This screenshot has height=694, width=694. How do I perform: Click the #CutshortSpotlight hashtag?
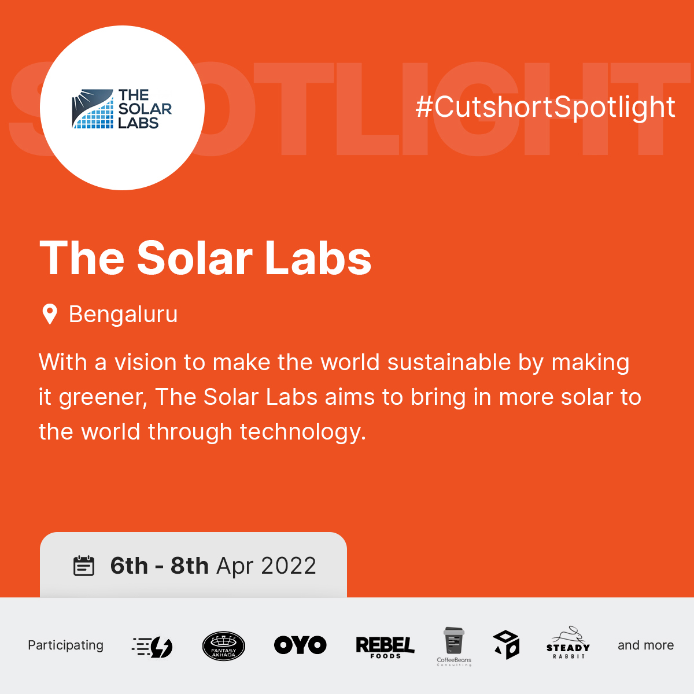click(545, 108)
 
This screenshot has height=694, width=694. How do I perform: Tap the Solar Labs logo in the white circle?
click(122, 108)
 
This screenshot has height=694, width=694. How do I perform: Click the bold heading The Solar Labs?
click(205, 258)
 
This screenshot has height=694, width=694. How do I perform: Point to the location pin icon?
click(50, 314)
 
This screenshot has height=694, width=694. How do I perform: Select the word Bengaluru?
click(123, 315)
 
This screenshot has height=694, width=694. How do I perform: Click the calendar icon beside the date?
click(84, 566)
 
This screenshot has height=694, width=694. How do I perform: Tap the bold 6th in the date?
click(130, 566)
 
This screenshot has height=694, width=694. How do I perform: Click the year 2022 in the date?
click(289, 566)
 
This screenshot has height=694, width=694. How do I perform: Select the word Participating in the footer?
click(65, 645)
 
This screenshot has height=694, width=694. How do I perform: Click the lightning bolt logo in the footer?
click(153, 647)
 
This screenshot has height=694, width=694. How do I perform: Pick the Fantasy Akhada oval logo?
click(224, 646)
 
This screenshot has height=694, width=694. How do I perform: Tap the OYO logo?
click(300, 645)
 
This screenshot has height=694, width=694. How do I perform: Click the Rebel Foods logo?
click(385, 647)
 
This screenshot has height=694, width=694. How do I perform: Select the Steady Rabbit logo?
click(568, 644)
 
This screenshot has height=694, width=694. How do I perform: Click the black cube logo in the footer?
click(506, 645)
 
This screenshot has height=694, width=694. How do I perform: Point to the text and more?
click(645, 645)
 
